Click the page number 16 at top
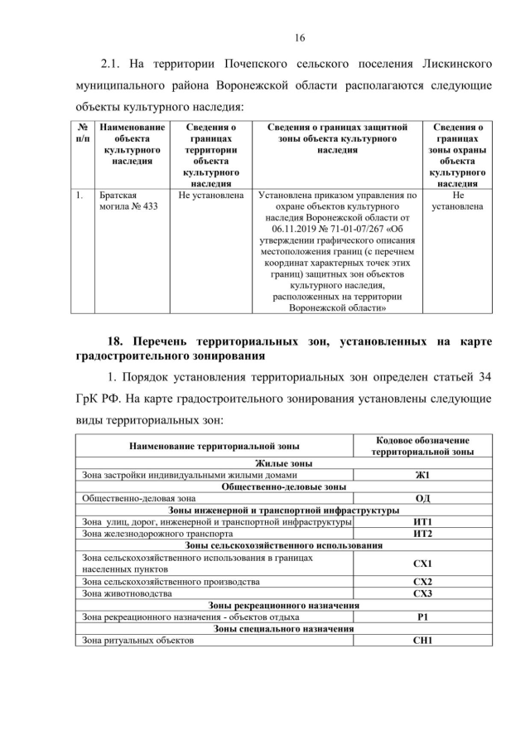pyautogui.click(x=300, y=37)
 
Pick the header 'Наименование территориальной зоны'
pyautogui.click(x=214, y=446)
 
